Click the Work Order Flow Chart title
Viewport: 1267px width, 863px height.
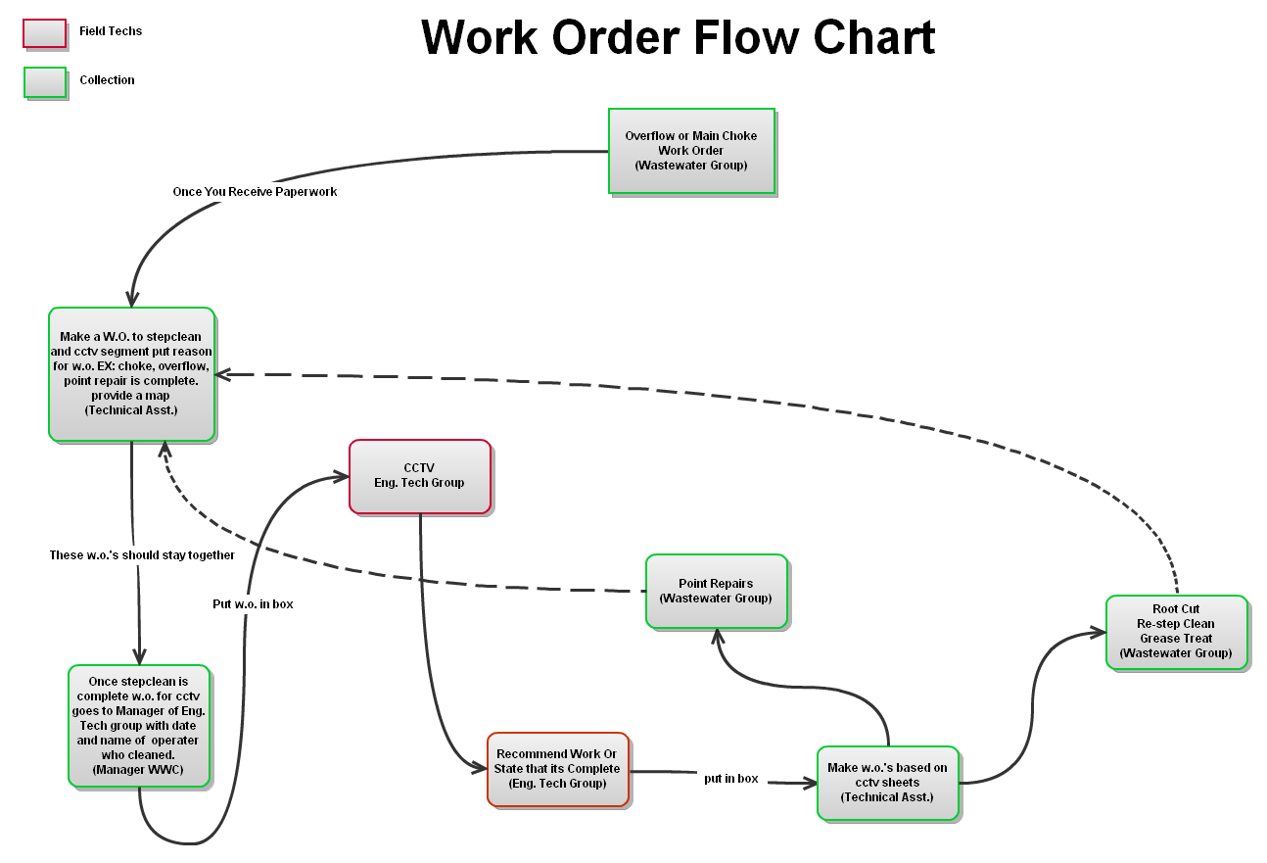pos(678,37)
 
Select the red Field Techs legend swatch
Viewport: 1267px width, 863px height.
pos(45,33)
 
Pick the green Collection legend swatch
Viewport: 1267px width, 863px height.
pos(45,82)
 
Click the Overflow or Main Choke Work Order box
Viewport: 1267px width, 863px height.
pos(691,151)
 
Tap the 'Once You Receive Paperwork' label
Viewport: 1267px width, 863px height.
pos(255,192)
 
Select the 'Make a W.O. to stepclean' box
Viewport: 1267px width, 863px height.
pos(131,374)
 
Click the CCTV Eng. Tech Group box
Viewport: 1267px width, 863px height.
pos(419,476)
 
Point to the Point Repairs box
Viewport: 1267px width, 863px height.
pos(716,591)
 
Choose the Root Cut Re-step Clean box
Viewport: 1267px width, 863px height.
pos(1176,632)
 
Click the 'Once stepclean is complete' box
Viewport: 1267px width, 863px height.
pos(138,725)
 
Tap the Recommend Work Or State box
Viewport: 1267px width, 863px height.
pos(557,769)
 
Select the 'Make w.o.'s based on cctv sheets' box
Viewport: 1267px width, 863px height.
pos(888,783)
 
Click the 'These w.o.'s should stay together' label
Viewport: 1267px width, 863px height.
pos(142,555)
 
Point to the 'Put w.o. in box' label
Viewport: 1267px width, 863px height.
pos(253,604)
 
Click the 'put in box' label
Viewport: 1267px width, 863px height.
pos(730,779)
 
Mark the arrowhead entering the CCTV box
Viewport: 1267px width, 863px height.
pos(342,477)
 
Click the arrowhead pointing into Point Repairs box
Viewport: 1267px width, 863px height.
pos(718,636)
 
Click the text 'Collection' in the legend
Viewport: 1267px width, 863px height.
pos(107,80)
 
